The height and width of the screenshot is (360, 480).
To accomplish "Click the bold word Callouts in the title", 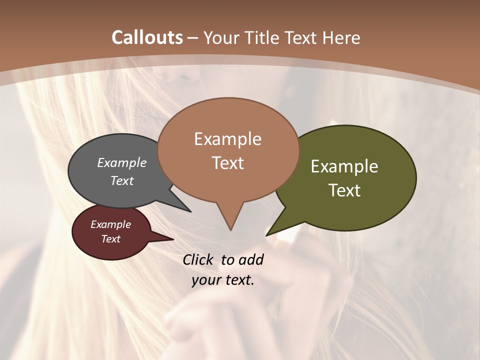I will tap(147, 37).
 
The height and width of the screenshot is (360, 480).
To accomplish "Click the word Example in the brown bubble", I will tap(227, 139).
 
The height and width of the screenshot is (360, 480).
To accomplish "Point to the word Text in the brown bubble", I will tap(227, 163).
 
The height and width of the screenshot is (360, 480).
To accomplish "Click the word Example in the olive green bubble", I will tap(344, 166).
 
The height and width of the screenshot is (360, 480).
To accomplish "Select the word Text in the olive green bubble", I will tap(344, 190).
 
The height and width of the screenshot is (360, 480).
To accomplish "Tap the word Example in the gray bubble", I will tap(121, 163).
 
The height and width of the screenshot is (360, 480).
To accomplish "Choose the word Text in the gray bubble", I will tap(121, 180).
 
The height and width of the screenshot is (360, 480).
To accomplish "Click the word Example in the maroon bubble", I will tap(110, 224).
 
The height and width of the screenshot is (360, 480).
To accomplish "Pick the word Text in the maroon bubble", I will tap(110, 239).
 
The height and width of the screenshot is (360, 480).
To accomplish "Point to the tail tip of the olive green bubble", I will tap(267, 234).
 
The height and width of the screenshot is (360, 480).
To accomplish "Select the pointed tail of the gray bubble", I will tap(189, 210).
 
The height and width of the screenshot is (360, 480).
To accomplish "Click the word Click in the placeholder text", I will tap(198, 259).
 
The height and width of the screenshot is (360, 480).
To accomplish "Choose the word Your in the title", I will tap(220, 37).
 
